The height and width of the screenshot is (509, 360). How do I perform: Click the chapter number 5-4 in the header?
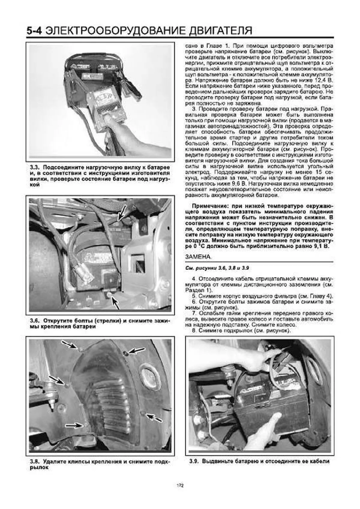(x=36, y=31)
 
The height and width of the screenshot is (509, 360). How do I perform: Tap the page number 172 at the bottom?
(x=180, y=485)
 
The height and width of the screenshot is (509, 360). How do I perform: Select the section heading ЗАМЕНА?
(x=198, y=257)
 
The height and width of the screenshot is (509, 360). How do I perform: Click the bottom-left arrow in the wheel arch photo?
(x=74, y=425)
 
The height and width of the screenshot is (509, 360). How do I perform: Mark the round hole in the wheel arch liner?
(x=149, y=374)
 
